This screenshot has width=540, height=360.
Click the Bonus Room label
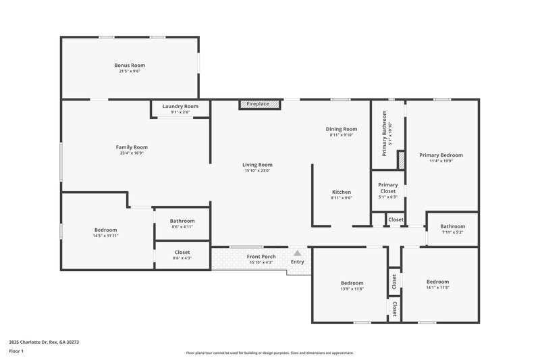130,66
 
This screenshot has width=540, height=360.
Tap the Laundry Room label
181,106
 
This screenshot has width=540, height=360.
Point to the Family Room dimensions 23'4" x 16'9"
132,153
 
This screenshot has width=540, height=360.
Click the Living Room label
257,165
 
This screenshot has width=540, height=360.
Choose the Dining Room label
342,129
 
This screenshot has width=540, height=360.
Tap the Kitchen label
341,192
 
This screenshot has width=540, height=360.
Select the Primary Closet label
387,187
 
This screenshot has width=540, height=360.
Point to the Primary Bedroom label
441,155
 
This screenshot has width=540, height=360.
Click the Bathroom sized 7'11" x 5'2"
452,226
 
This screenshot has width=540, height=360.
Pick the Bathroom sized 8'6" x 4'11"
182,221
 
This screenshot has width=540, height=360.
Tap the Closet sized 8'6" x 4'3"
182,252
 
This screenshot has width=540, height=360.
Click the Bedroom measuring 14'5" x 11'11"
105,230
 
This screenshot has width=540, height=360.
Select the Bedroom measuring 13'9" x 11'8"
352,283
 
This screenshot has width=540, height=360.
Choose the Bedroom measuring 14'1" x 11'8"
437,282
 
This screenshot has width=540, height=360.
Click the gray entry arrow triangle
296,253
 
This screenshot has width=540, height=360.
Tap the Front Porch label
260,257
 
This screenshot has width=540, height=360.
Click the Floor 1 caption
16,351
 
